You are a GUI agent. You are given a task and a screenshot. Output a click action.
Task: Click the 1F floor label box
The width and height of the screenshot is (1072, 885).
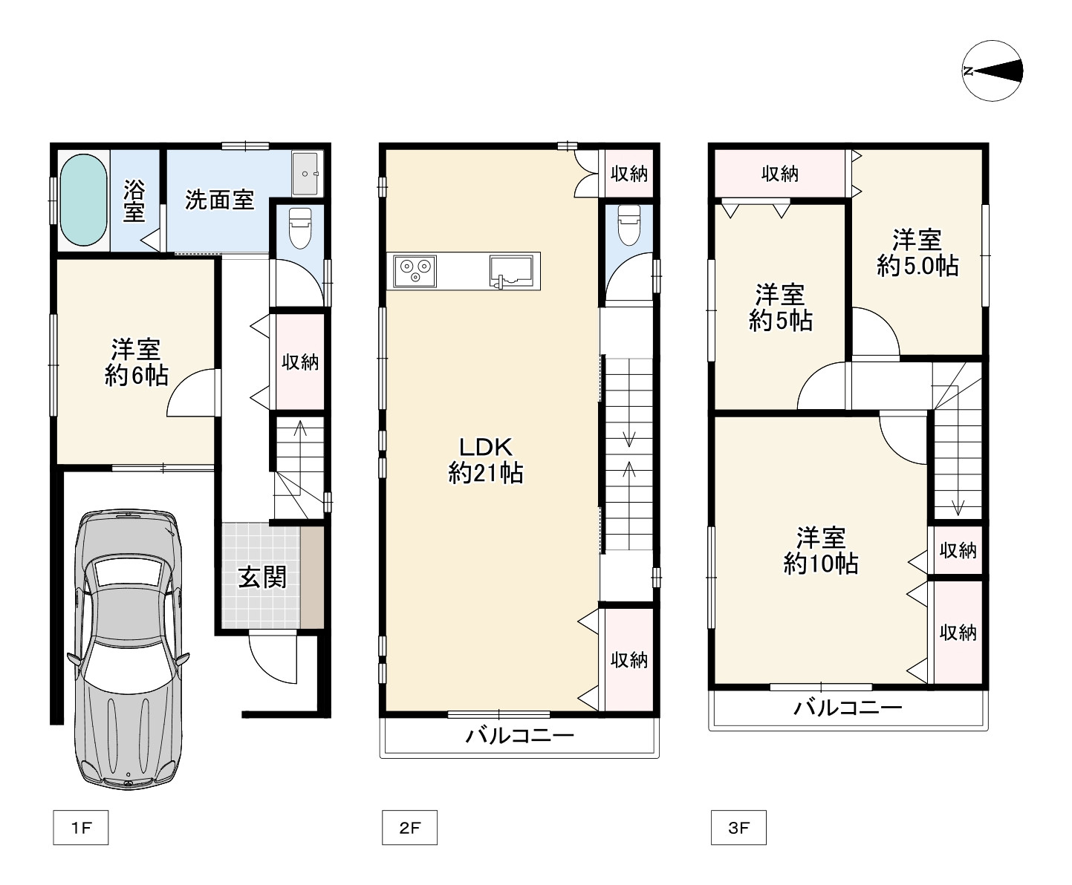(x=81, y=827)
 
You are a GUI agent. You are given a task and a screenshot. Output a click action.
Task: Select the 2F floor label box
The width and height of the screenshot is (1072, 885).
(x=409, y=827)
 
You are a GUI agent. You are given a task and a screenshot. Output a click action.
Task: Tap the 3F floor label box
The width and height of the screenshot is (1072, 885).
(x=738, y=827)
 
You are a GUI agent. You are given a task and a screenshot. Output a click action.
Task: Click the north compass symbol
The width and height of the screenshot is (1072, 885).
(x=992, y=71)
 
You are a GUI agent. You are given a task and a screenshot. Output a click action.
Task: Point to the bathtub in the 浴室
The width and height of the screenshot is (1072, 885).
(x=84, y=200)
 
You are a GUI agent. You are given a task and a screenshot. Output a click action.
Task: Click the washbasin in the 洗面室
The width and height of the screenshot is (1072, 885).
(x=305, y=174)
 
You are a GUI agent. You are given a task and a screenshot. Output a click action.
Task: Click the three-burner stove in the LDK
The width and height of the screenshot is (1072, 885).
(x=415, y=272)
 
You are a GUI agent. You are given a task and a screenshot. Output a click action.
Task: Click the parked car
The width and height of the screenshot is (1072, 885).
(x=129, y=650)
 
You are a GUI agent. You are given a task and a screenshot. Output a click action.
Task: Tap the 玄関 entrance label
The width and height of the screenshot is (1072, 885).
(x=261, y=578)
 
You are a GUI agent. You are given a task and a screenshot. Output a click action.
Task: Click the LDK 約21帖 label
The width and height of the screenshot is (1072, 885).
(x=486, y=460)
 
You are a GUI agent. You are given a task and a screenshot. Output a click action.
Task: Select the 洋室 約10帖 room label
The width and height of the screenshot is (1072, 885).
(x=820, y=550)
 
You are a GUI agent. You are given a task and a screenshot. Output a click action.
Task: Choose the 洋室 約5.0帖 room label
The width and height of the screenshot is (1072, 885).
(x=917, y=253)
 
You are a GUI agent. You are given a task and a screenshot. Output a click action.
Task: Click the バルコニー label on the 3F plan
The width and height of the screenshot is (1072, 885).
(x=848, y=708)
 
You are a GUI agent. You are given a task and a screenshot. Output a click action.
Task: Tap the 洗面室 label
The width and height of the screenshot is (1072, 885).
(x=220, y=200)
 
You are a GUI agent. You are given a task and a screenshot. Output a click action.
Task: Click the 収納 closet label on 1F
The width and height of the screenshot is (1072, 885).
(x=300, y=362)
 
